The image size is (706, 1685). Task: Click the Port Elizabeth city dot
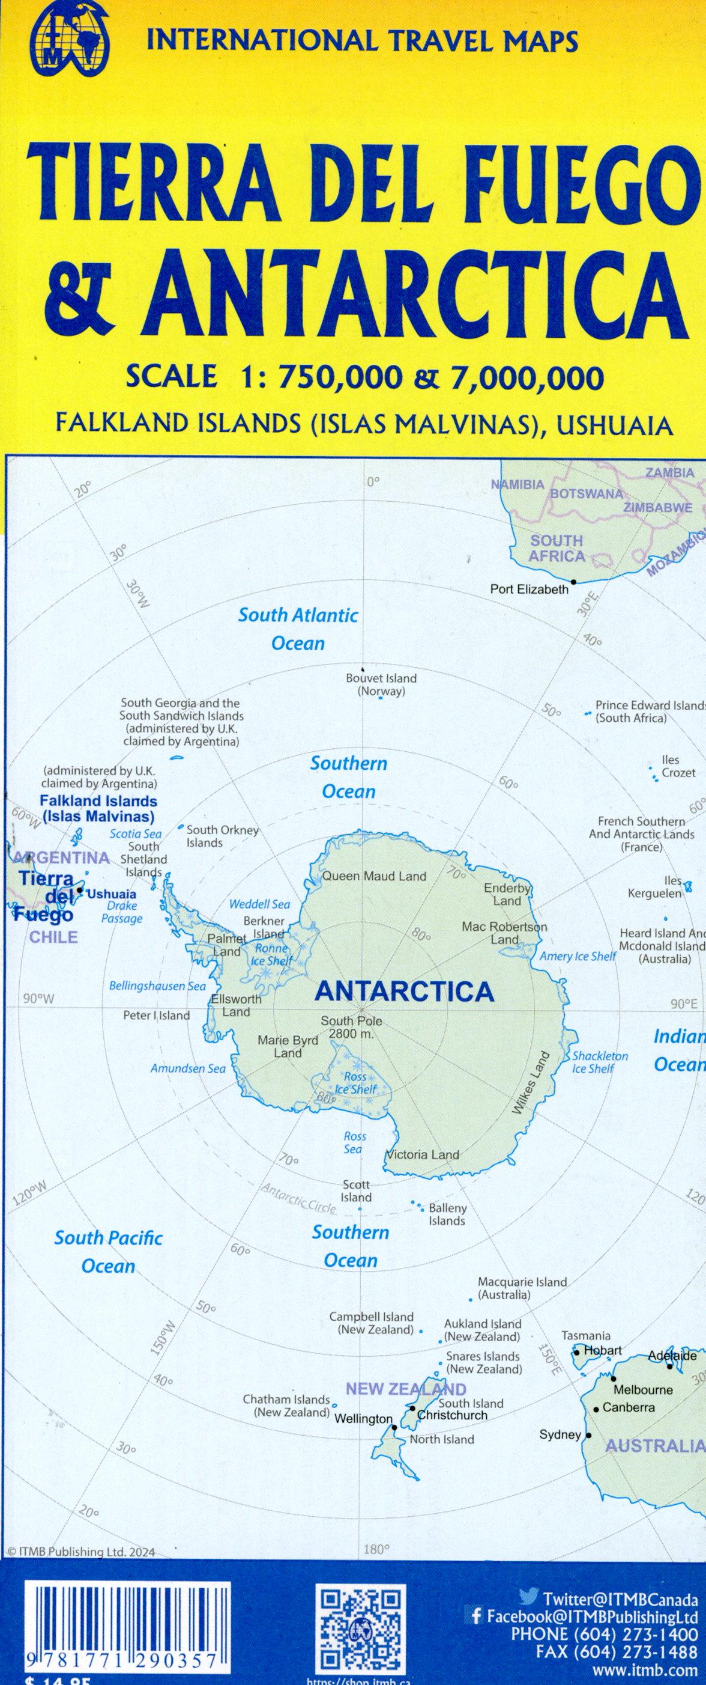[573, 582]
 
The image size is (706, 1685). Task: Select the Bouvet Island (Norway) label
[381, 684]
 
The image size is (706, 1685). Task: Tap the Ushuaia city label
[112, 894]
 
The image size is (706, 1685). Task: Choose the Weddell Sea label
[259, 904]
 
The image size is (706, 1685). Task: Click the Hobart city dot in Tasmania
[576, 1352]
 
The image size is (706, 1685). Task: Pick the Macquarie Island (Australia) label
[522, 1288]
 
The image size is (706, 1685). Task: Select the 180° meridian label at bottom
[376, 1549]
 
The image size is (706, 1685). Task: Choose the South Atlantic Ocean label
[298, 629]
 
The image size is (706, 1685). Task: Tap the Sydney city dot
[588, 1435]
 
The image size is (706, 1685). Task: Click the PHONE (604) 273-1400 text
[604, 1633]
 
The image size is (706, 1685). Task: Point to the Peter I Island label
[156, 1015]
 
